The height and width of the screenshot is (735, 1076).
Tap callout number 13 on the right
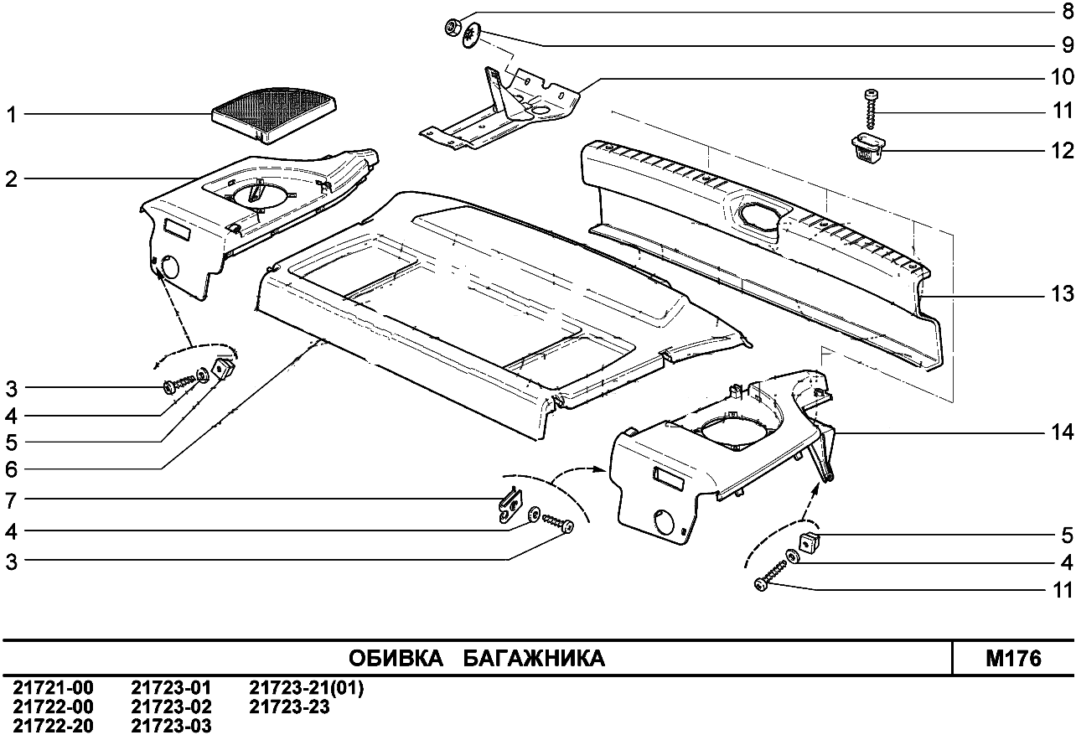[x=1062, y=295]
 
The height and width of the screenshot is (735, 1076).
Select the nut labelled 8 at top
[x=451, y=28]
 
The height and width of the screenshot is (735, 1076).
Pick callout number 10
[x=1062, y=77]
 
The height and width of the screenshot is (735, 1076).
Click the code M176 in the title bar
[x=1013, y=659]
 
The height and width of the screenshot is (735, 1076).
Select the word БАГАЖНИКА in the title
[x=534, y=659]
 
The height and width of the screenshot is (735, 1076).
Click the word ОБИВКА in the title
[x=396, y=659]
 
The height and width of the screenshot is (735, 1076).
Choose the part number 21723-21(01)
[x=307, y=689]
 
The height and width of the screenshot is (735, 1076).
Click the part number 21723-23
[x=290, y=707]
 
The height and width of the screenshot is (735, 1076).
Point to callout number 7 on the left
[x=11, y=500]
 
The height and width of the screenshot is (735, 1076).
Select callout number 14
[x=1062, y=432]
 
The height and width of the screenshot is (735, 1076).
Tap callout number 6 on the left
[x=11, y=469]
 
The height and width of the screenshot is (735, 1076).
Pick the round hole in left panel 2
[x=168, y=269]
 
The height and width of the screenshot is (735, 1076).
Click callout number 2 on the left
[x=11, y=179]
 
